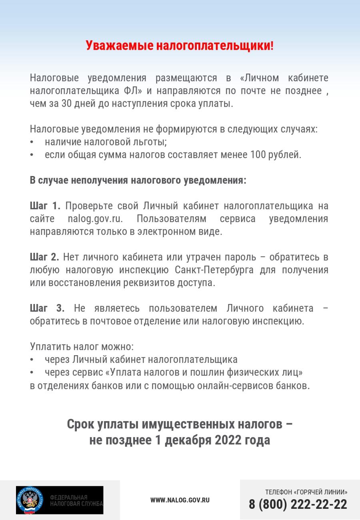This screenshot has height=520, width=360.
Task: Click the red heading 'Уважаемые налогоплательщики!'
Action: point(180,46)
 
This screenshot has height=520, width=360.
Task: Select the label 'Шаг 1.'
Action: point(45,206)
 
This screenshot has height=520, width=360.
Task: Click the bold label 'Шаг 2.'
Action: point(44,257)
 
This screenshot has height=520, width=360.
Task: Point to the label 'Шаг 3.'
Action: point(47,308)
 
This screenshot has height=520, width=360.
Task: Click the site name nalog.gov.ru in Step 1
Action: point(95,219)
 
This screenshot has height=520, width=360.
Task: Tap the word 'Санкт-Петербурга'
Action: point(214,270)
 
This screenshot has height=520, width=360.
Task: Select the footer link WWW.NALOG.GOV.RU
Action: point(180,500)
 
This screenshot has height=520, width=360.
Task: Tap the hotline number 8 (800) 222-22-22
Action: point(298,504)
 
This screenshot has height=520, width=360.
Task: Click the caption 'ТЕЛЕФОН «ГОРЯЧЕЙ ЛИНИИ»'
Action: point(306,492)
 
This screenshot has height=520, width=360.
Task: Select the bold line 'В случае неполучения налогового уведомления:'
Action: point(138,180)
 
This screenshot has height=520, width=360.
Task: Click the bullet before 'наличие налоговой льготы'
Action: point(32,142)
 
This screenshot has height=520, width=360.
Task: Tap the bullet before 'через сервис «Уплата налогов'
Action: point(32,373)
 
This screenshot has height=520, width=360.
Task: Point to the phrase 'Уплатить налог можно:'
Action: point(82,346)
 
